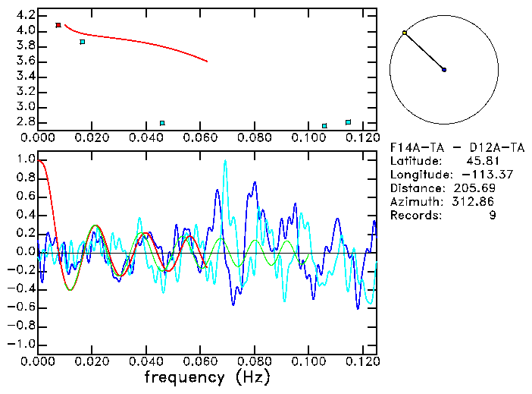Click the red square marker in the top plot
pos(58,25)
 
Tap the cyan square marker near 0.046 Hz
pos(162,123)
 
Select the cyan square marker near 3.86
pos(83,42)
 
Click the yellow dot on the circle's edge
pos(405,33)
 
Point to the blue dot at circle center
pos(444,70)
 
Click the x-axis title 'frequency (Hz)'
pos(207,377)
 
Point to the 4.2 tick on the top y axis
pos(24,15)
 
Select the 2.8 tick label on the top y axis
pos(24,121)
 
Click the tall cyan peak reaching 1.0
pos(225,161)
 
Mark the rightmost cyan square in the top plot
pos(348,122)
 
